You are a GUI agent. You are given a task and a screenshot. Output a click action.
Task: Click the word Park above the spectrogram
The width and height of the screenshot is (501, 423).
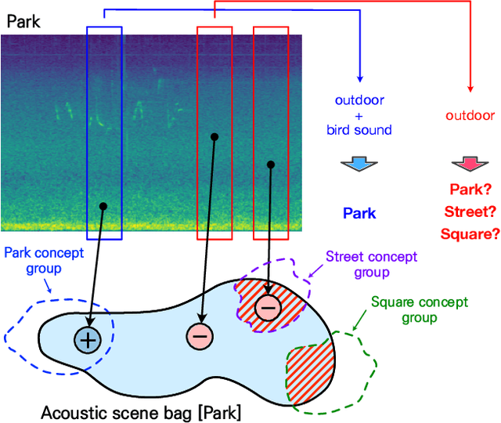click(23, 21)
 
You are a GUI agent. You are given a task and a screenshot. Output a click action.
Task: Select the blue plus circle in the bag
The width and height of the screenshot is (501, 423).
click(87, 339)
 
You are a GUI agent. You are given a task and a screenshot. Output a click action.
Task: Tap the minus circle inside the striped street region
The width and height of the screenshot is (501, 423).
click(267, 308)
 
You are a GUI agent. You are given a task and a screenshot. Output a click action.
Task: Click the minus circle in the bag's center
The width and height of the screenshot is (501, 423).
click(199, 336)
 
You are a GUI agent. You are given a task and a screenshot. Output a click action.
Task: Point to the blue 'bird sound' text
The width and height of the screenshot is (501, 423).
click(359, 129)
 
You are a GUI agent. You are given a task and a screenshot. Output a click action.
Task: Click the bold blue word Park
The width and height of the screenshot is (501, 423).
click(359, 213)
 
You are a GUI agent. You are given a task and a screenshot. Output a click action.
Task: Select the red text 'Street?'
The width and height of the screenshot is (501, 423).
click(470, 211)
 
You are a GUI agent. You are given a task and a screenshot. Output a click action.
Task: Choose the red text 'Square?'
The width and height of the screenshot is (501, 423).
click(470, 233)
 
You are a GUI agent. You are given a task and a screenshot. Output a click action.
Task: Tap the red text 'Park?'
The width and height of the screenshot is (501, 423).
click(470, 189)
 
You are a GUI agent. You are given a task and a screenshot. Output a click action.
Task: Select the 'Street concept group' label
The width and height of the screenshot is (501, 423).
click(371, 264)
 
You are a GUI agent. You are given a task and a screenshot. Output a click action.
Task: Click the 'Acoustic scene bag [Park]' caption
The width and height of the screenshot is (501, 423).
click(141, 412)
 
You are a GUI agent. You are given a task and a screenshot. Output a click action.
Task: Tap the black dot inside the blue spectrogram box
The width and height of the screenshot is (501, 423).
click(103, 206)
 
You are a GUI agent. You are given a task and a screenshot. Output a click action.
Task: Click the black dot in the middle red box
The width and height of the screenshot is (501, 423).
click(214, 136)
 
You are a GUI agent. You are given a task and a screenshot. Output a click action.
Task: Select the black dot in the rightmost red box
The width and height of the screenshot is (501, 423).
click(271, 164)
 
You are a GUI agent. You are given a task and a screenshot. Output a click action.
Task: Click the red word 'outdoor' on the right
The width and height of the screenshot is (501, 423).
click(470, 116)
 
